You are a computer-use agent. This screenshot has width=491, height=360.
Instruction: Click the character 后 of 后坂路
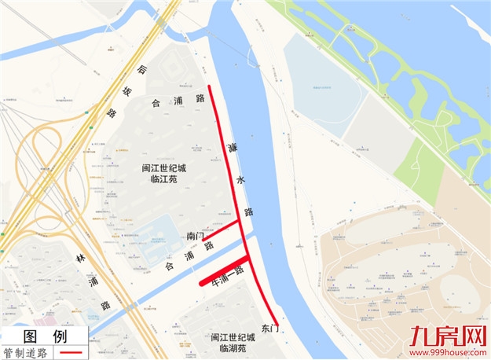141,71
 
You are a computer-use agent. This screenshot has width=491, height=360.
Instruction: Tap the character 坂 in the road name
127,92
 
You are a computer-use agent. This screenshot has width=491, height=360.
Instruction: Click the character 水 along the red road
240,180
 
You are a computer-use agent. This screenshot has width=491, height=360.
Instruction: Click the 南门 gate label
196,236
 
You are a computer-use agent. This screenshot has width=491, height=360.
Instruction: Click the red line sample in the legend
71,353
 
